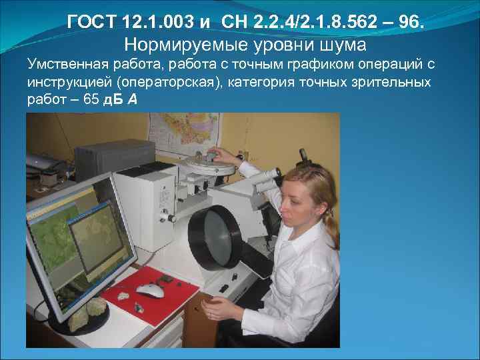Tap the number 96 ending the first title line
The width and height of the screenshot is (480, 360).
tap(409, 25)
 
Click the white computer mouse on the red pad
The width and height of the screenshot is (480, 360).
tap(150, 289)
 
